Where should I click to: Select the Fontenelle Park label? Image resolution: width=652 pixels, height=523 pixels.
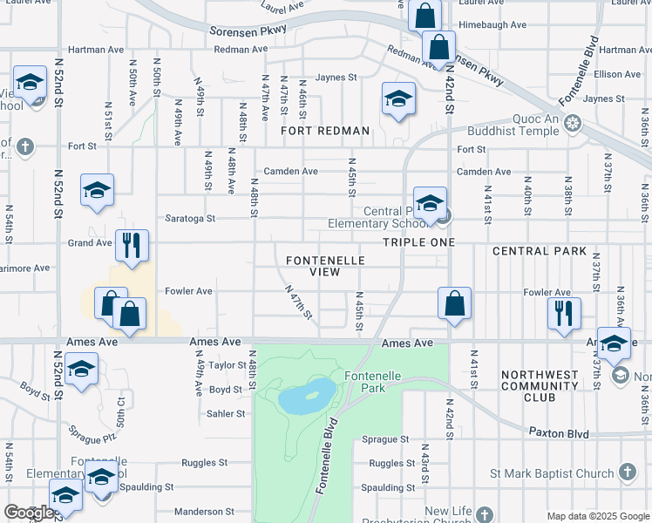(x=372, y=381)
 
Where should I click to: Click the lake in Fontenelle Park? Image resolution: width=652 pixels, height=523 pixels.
(x=307, y=397)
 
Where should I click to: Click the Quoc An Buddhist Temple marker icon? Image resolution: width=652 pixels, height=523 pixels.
(x=573, y=122)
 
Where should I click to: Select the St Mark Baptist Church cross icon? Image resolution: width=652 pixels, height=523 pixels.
(x=627, y=473)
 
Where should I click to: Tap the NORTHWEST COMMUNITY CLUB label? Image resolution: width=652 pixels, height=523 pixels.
(x=540, y=386)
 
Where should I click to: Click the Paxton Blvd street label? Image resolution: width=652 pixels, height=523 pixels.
(x=559, y=433)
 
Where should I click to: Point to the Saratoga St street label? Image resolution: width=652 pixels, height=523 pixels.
(x=186, y=219)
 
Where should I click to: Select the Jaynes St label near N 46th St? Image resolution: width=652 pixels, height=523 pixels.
(x=336, y=78)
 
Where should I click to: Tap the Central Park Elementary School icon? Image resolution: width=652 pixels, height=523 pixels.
(x=430, y=203)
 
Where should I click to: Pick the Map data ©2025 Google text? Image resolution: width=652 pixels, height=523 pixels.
(x=598, y=516)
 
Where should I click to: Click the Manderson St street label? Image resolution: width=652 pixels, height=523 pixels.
(x=200, y=512)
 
